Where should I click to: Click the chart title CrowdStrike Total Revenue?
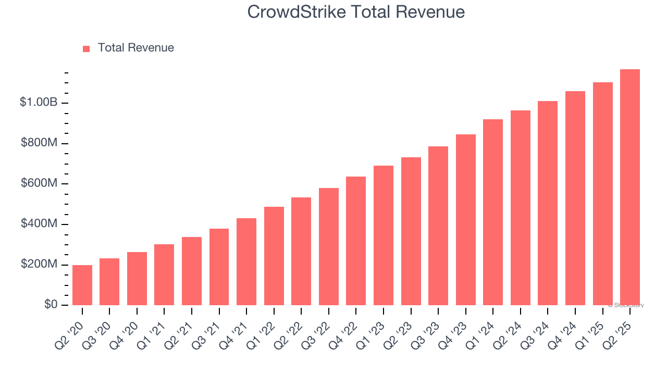point(356,11)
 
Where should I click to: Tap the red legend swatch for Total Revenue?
point(86,48)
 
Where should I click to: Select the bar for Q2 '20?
point(82,285)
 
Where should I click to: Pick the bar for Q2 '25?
point(629,187)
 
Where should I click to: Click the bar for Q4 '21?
point(246,261)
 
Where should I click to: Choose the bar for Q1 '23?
point(383,235)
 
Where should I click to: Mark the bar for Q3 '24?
point(548,203)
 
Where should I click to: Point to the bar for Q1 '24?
point(493,212)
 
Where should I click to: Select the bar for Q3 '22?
point(328,246)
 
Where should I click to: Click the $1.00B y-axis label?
point(39,103)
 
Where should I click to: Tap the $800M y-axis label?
point(39,143)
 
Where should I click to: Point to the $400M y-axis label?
point(39,224)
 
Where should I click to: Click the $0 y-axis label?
point(51,305)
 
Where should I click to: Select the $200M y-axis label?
point(39,265)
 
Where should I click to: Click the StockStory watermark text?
point(626,305)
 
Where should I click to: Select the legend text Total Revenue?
point(135,48)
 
